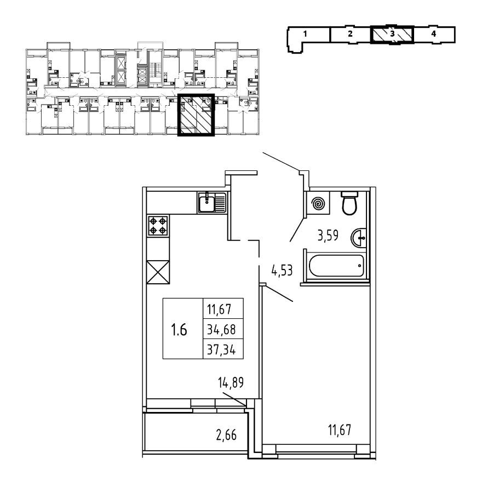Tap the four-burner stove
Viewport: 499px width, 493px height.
tap(158, 226)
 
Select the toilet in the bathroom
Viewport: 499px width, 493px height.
tap(348, 204)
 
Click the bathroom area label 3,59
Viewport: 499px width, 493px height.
tap(329, 237)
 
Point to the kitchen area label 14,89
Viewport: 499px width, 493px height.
tap(230, 382)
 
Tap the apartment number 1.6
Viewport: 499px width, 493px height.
tap(179, 330)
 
